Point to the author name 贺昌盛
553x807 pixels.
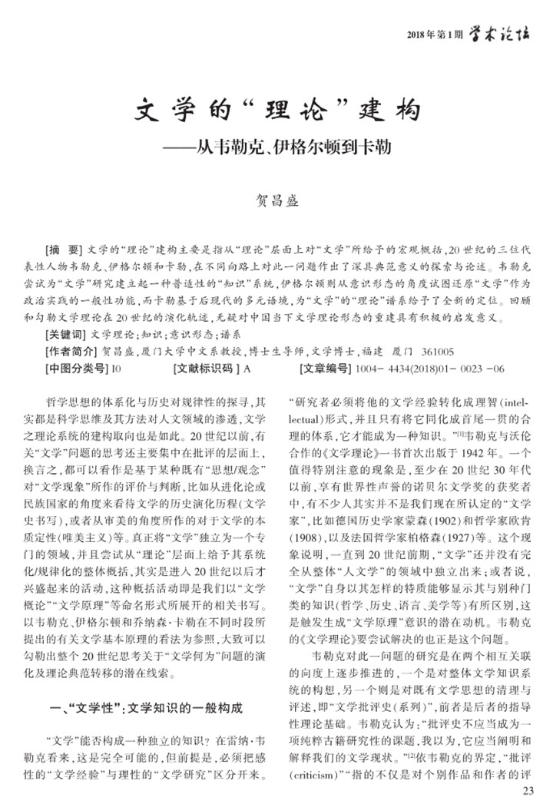pyautogui.click(x=276, y=202)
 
